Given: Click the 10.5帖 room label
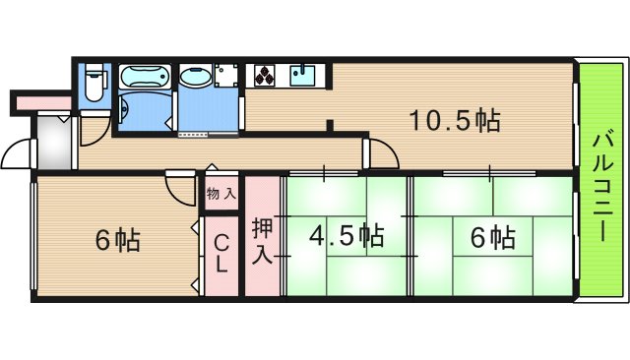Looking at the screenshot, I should pos(456,121).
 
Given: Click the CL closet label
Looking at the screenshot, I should pos(221,253).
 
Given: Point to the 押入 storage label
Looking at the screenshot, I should pos(262,241).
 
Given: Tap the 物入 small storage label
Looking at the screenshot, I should pos(220,194).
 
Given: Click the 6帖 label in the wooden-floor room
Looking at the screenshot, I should pos(116,240).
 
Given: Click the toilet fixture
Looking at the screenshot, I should pos(94,83).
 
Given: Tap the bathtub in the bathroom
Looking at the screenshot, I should pos(145,79).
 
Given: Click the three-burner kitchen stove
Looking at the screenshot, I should pos(267,75).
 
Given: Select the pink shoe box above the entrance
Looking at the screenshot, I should pos(41,100).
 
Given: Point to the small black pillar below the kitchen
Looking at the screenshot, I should pos(332,125).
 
